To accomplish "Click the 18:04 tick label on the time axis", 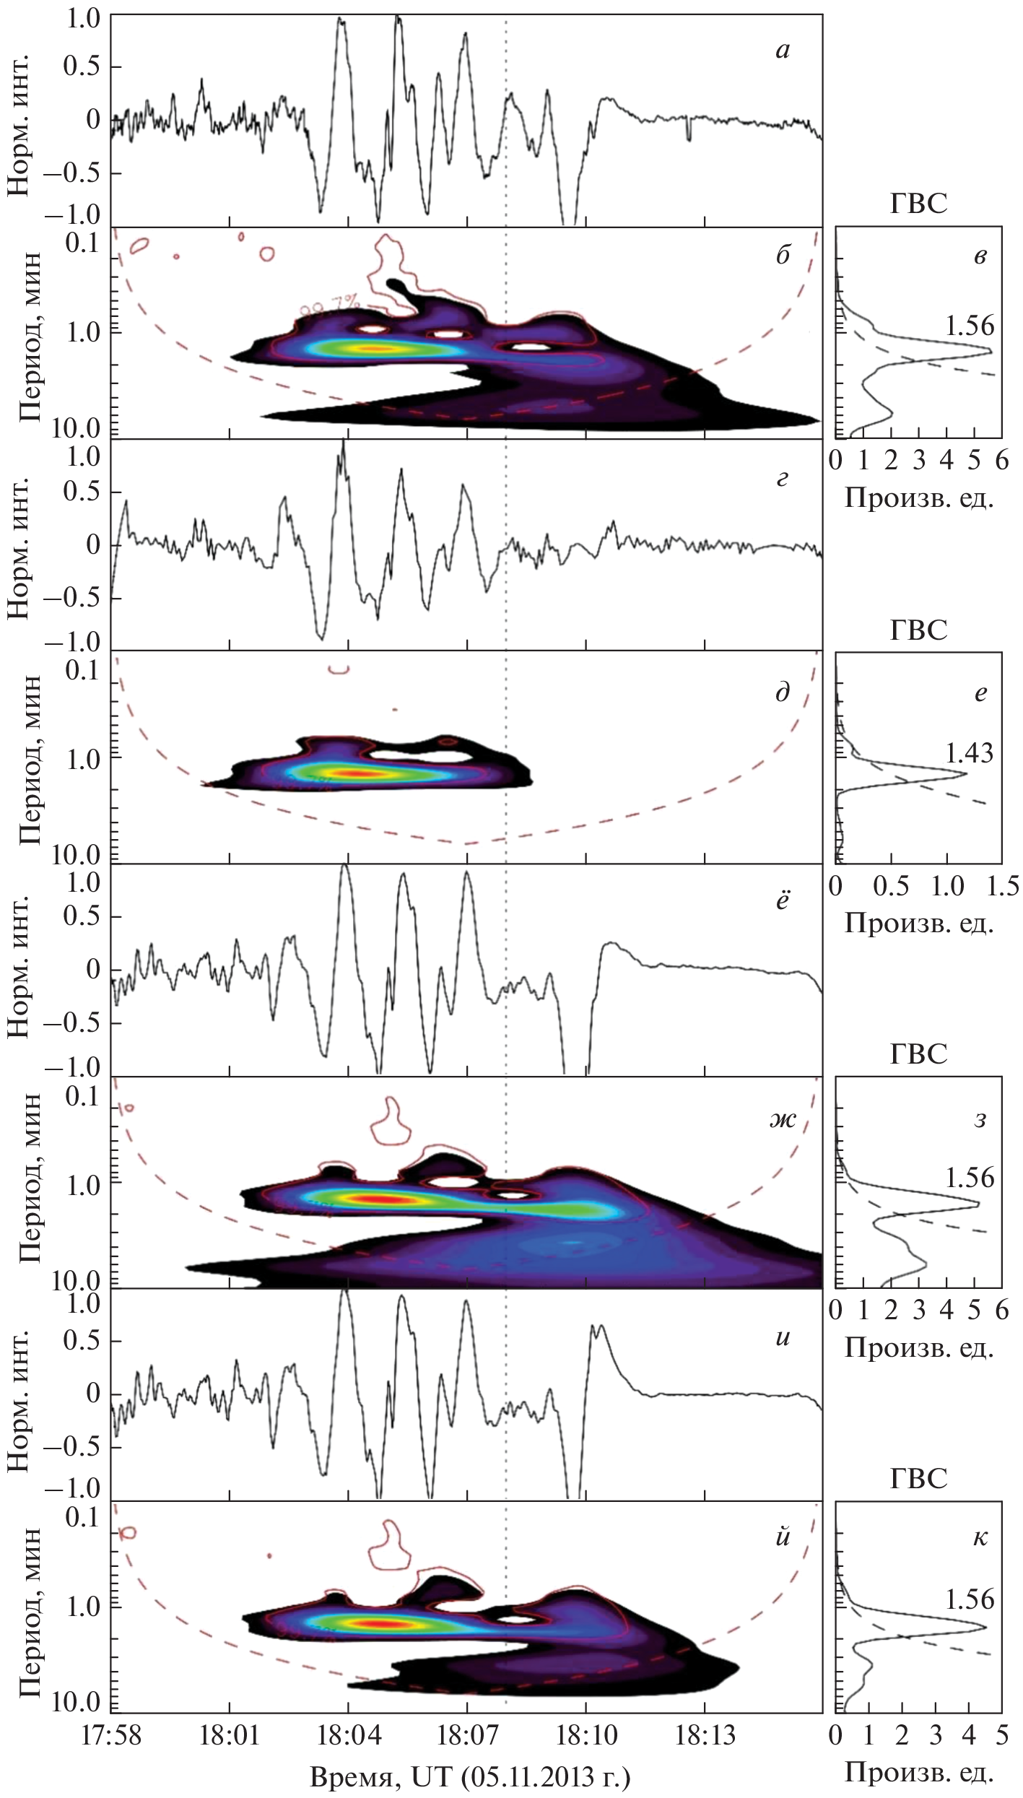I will pos(348,1734).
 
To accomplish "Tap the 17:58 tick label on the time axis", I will pos(113,1734).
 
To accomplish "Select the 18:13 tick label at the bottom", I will pos(704,1734).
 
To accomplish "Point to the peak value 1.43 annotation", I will pos(970,753).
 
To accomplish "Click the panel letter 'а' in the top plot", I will pos(783,50).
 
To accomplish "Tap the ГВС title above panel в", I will pos(918,204).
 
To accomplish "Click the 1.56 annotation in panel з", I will pos(970,1178).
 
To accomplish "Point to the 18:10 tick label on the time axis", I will pos(585,1734).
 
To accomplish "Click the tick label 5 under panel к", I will pos(1002,1734).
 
